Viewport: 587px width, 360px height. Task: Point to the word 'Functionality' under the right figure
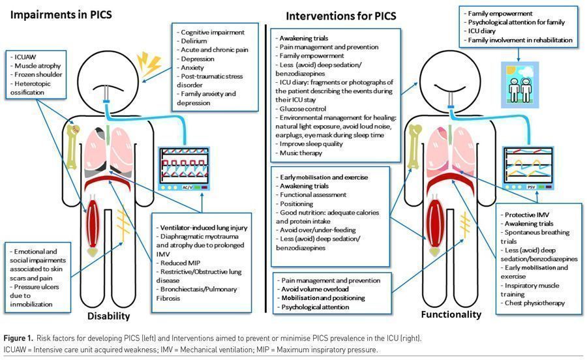449,314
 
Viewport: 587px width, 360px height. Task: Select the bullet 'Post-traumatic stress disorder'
209,81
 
